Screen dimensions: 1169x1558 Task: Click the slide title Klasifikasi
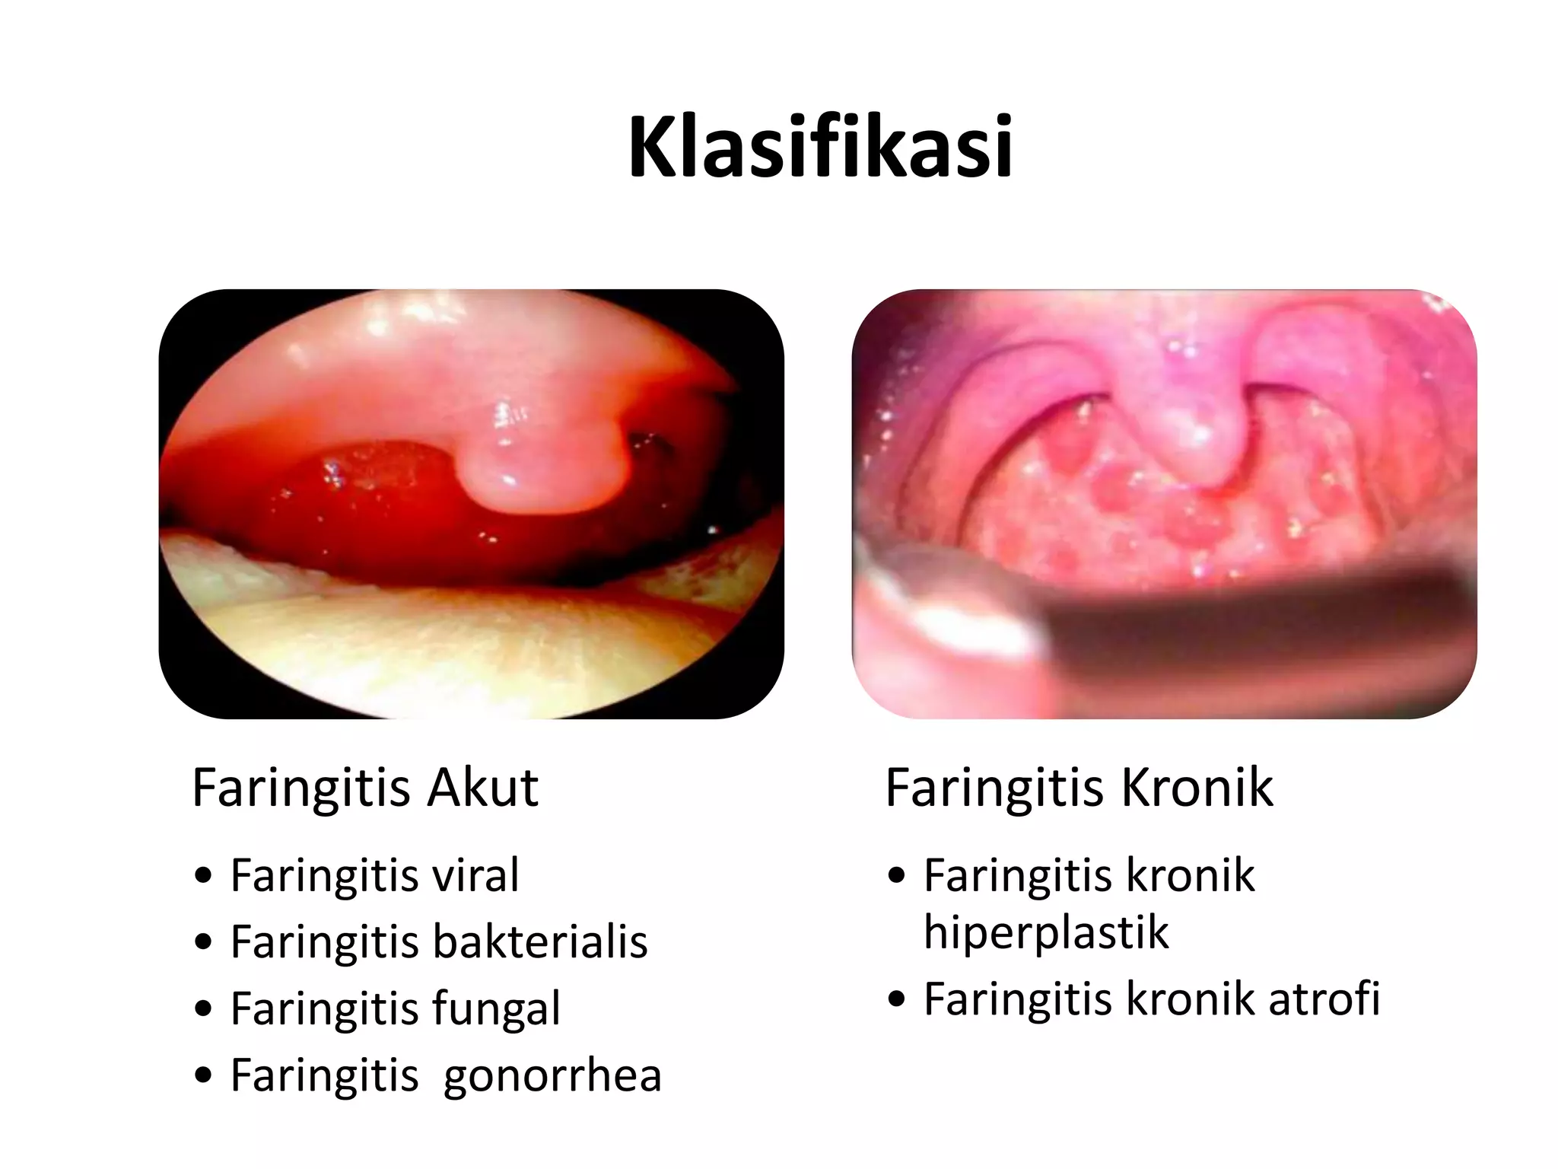[x=820, y=146]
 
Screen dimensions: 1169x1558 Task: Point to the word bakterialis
[x=540, y=941]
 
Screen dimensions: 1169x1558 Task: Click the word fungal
[x=496, y=1008]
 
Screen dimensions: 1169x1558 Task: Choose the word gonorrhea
[x=552, y=1075]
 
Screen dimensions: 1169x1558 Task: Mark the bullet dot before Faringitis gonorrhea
[x=203, y=1076]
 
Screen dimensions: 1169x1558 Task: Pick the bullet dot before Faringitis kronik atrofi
[x=897, y=999]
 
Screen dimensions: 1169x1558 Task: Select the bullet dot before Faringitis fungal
[x=203, y=1009]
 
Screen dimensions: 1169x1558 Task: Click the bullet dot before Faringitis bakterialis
[x=203, y=943]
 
